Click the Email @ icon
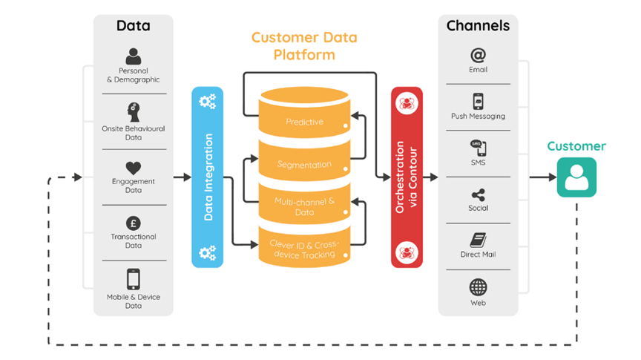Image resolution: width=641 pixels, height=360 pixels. [x=478, y=55]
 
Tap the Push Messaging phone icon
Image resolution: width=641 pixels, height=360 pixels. [x=478, y=101]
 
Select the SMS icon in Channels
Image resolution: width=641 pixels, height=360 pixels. [x=478, y=148]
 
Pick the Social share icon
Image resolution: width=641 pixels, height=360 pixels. [x=478, y=194]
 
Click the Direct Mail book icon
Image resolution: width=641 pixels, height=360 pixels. [x=478, y=240]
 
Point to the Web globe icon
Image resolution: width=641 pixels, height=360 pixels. [x=478, y=287]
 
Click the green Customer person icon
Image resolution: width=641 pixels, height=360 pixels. [x=576, y=177]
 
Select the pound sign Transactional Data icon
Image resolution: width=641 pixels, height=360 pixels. [x=134, y=223]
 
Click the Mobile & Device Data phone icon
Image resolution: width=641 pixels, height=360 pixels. [x=134, y=279]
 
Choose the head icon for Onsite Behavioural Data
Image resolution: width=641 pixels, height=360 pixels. [x=134, y=112]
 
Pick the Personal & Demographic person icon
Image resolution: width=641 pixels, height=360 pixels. [x=134, y=56]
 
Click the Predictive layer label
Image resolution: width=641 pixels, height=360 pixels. [x=304, y=122]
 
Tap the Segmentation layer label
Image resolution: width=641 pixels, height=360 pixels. [x=304, y=164]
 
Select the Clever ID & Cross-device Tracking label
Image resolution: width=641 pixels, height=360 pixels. [x=304, y=249]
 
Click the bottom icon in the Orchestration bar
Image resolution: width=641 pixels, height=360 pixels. [x=407, y=252]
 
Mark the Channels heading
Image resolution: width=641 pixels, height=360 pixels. [x=478, y=26]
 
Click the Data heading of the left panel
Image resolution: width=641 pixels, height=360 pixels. [x=134, y=26]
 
